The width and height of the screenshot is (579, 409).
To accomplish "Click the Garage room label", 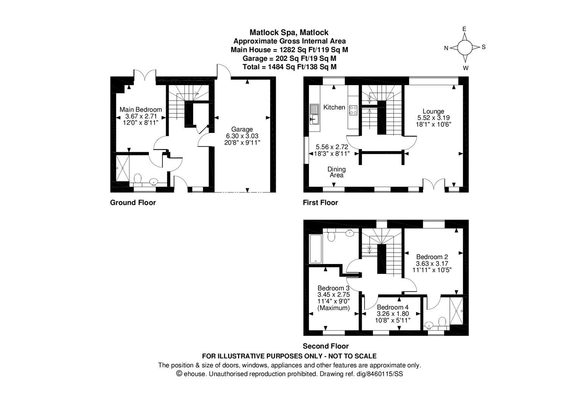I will pos(242,129).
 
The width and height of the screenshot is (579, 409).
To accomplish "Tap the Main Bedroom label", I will pos(140,109).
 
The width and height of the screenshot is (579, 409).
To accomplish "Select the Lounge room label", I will pos(433,111).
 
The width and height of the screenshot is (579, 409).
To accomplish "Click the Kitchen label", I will pos(334,107).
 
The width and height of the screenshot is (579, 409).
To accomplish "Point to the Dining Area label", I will pos(336,172).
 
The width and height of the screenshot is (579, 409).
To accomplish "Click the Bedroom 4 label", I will pos(393,307).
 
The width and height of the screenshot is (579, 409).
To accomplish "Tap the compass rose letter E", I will pos(464,29).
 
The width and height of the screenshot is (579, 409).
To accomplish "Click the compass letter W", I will pos(465,68).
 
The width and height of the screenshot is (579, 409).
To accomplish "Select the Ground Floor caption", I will pos(133,203).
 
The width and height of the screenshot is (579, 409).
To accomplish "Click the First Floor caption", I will pos(320,203).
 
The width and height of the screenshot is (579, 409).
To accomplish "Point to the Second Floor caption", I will pos(325,346).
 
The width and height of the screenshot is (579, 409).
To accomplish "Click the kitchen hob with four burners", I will pos(353,110).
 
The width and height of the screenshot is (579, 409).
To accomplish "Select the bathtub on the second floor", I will pos(315,249).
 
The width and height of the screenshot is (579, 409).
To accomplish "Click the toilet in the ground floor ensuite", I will pos(138,178).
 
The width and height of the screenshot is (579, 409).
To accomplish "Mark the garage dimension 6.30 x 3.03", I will pos(242,136).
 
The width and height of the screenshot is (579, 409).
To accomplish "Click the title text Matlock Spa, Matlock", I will pos(289,33).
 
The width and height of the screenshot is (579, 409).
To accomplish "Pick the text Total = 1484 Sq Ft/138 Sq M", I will pos(289,67).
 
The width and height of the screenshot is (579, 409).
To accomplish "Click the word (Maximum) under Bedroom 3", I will pos(334,308).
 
